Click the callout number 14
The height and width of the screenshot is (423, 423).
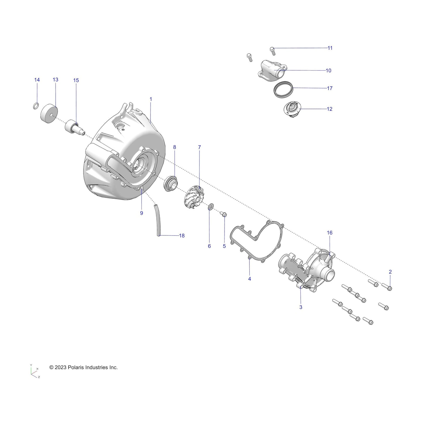tap(37, 80)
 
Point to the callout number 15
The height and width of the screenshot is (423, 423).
tap(76, 80)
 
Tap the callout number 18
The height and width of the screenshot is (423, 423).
tap(182, 236)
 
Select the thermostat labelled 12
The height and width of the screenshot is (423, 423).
tap(292, 110)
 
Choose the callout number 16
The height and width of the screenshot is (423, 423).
tap(330, 233)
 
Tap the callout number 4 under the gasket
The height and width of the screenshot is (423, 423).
tap(249, 279)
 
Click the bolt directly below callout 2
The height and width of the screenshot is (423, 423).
tap(388, 287)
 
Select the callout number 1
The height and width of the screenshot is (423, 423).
tap(151, 99)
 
